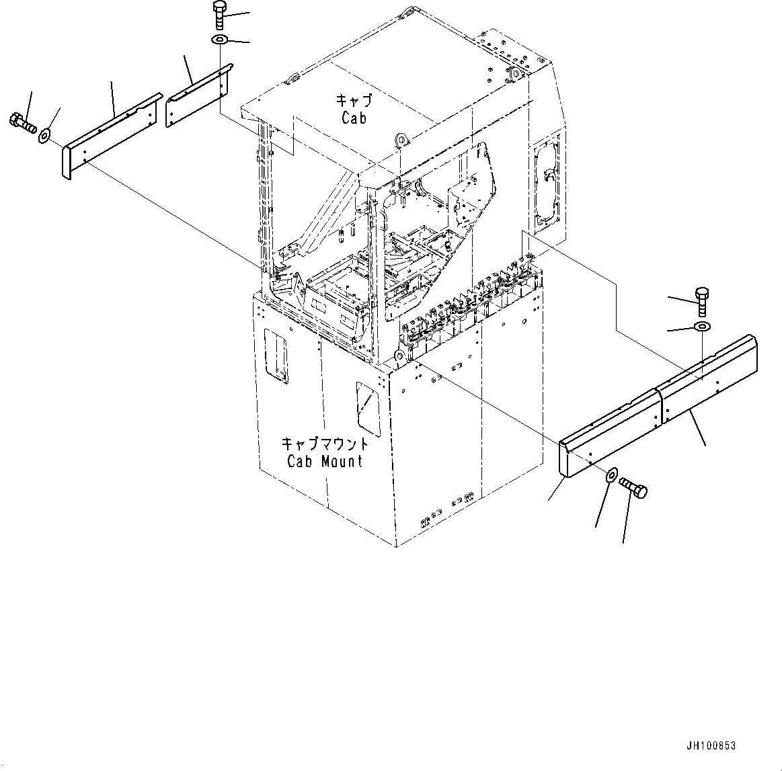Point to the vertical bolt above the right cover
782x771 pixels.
(701, 300)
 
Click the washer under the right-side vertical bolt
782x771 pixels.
(701, 327)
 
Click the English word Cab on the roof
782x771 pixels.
(353, 118)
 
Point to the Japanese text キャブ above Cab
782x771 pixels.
(353, 102)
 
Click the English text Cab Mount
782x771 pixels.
(325, 461)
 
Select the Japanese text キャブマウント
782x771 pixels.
(325, 444)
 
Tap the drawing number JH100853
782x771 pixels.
(711, 745)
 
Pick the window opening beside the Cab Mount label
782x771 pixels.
(366, 407)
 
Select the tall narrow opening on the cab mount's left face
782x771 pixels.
(276, 356)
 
